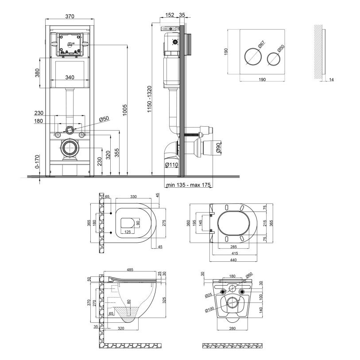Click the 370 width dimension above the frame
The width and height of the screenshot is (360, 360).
tap(69, 16)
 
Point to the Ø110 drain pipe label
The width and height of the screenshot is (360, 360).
tap(171, 165)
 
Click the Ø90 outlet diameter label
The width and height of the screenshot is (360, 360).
tap(217, 147)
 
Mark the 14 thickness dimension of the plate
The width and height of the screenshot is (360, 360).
tap(331, 80)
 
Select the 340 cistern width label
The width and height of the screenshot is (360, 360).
tap(70, 77)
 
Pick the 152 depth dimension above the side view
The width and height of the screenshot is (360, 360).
tap(170, 15)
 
